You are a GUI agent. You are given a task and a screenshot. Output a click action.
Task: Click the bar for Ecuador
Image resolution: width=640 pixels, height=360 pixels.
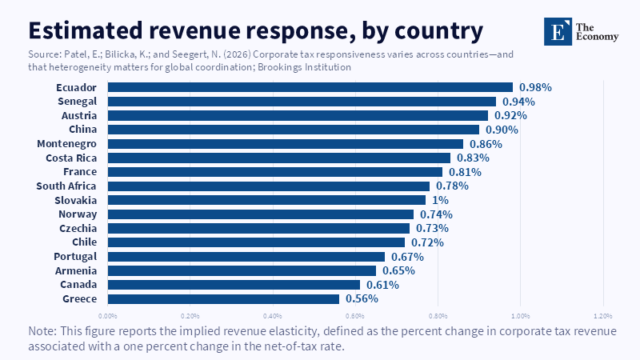[x=310, y=87]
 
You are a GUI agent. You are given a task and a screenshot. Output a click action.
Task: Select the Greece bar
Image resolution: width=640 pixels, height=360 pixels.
[x=223, y=298]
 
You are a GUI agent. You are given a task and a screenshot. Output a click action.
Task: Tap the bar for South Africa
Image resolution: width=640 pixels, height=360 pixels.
[x=269, y=186]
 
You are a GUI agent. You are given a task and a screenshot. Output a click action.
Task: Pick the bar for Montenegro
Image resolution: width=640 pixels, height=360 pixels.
[x=286, y=144]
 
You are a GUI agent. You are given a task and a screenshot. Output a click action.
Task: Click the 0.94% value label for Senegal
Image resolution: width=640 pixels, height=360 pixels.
[x=518, y=102]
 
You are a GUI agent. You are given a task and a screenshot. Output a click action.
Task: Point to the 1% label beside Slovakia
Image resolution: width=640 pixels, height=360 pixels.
[x=440, y=200]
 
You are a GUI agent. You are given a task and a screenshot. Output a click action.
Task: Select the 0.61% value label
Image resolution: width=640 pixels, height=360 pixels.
[x=382, y=285]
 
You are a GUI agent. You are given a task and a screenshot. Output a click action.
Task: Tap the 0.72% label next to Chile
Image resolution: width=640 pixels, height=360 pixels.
[x=427, y=242]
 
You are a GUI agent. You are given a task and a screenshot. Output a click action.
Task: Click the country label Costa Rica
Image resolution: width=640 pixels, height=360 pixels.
[x=71, y=158]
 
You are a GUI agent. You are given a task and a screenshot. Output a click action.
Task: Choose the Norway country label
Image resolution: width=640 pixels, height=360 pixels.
[x=78, y=214]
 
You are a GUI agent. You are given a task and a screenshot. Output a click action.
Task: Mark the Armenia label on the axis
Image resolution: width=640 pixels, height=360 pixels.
[x=76, y=270]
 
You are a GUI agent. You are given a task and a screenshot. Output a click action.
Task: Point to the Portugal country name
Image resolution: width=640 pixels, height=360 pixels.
[x=75, y=257]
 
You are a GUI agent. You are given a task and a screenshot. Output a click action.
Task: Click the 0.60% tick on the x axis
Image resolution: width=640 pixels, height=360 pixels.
[x=355, y=316]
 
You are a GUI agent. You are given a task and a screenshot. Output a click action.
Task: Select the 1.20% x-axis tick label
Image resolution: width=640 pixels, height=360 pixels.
[x=603, y=316]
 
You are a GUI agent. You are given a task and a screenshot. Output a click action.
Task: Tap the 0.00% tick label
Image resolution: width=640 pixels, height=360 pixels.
[x=108, y=316]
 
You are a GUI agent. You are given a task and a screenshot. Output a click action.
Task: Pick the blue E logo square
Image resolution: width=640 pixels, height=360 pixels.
[x=558, y=31]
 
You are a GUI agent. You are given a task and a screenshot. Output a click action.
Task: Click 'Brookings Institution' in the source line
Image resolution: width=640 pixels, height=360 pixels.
[x=305, y=67]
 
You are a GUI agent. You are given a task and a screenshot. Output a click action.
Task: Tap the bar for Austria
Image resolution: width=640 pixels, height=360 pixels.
[x=298, y=115]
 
